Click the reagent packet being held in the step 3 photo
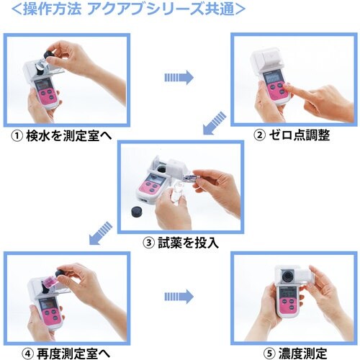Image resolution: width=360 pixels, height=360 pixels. (189, 176)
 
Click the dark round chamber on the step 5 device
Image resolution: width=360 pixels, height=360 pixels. (286, 276)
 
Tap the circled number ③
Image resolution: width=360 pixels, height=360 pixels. (149, 243)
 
